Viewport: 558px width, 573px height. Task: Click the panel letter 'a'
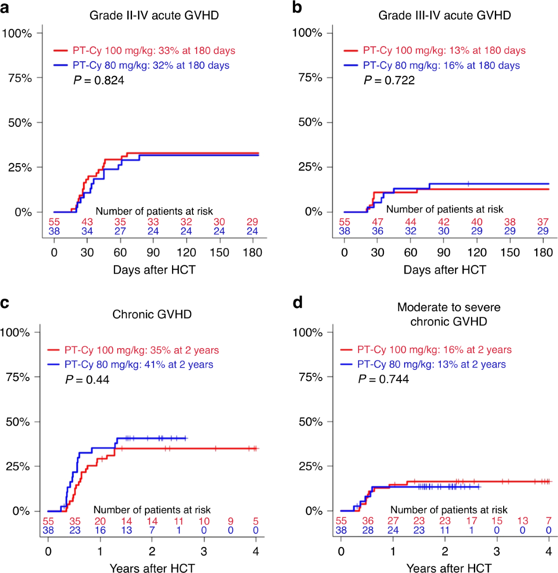coord(5,8)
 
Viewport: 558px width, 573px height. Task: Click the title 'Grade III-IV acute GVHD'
coord(444,15)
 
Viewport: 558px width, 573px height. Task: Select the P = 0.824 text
coord(99,80)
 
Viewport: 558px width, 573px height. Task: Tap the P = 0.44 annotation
coord(87,380)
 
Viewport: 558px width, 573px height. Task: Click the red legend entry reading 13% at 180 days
coord(444,51)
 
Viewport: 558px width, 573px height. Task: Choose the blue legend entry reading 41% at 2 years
coord(139,365)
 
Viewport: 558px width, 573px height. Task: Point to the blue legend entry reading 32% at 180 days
coord(151,66)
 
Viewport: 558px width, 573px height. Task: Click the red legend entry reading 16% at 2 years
coord(434,350)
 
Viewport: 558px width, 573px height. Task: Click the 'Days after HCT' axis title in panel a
coord(154,270)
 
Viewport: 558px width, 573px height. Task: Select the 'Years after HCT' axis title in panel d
coord(448,568)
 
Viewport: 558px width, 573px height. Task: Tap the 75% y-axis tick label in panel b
coord(310,78)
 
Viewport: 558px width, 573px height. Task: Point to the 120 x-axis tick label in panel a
coord(186,253)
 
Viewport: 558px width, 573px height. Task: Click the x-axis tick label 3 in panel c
coord(204,552)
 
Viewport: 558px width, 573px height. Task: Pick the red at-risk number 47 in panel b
coord(377,222)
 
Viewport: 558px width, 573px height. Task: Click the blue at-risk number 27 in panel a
coord(120,231)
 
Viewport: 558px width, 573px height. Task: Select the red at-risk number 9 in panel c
coord(230,521)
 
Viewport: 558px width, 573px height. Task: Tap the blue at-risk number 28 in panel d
coord(367,530)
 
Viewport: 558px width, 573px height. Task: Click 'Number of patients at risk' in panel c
coord(152,510)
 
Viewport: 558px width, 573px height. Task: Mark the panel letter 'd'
coord(298,303)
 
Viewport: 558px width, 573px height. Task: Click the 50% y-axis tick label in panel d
coord(310,422)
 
